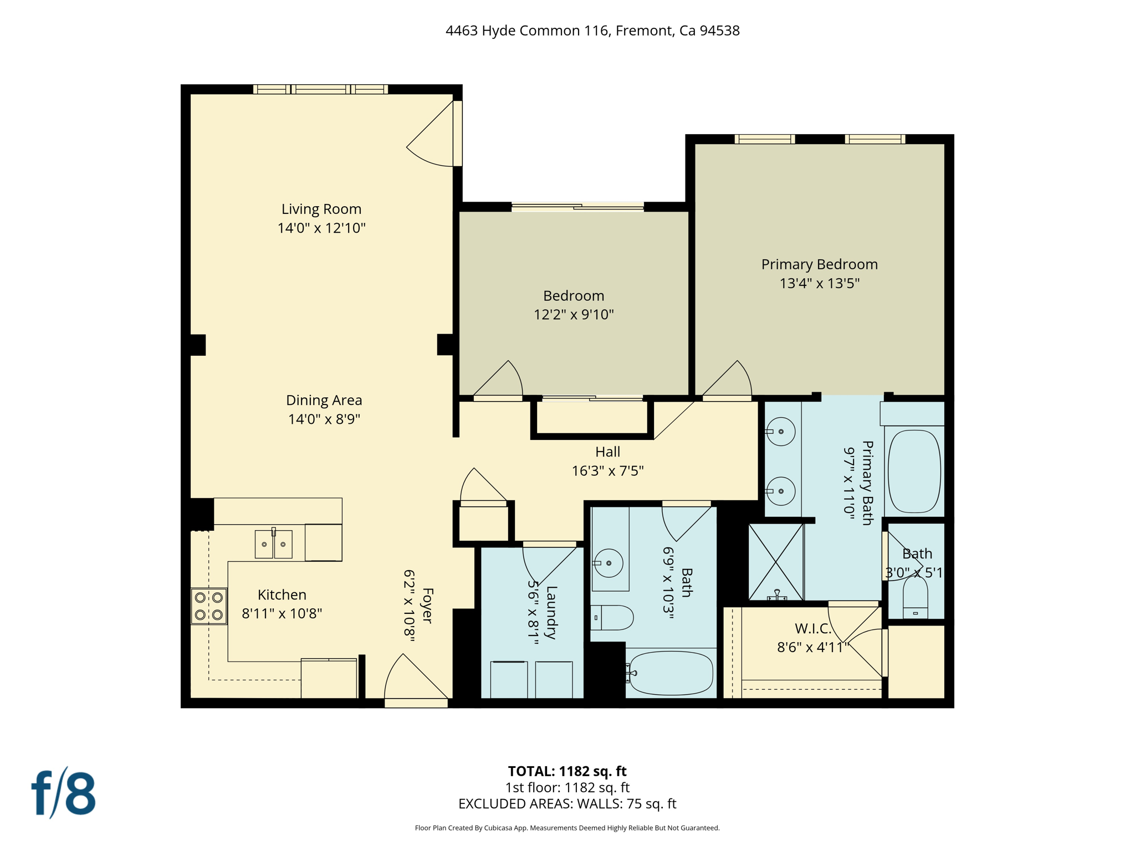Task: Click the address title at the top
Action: (592, 30)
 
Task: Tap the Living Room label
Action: (321, 209)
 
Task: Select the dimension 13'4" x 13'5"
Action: (819, 284)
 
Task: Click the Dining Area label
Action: (324, 400)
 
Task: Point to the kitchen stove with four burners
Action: (209, 606)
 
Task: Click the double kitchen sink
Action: (273, 544)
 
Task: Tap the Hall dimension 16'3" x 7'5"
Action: (607, 471)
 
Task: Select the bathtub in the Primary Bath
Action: (914, 471)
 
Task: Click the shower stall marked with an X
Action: (776, 562)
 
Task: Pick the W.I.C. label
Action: (813, 629)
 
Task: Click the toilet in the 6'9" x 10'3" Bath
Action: (613, 617)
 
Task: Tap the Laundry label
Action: (551, 612)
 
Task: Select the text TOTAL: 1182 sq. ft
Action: (567, 771)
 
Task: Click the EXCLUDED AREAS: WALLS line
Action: (567, 804)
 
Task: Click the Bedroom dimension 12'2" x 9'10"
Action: (574, 315)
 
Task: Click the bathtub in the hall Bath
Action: (671, 673)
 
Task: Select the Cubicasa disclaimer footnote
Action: (567, 828)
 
